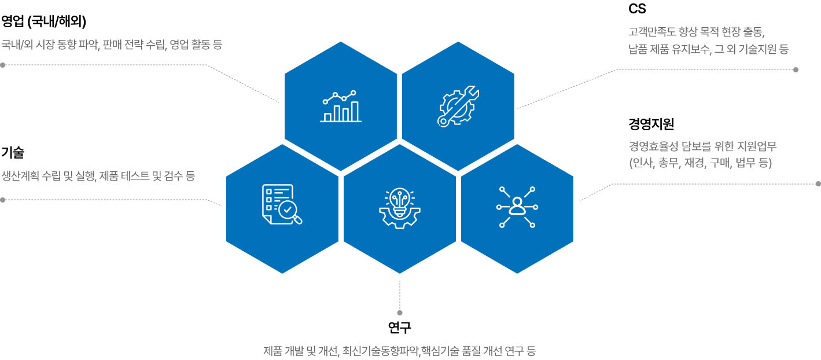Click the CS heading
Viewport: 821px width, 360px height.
637,9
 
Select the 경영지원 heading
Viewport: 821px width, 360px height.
651,124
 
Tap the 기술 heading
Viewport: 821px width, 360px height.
13,152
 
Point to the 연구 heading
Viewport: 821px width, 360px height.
399,327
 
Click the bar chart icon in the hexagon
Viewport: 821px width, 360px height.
341,106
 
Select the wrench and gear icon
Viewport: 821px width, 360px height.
458,106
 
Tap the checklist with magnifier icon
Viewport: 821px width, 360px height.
282,204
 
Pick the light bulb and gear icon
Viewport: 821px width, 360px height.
399,208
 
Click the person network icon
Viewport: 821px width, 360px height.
517,207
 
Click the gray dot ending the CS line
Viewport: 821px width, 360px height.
796,69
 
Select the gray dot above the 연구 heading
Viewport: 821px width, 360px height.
399,313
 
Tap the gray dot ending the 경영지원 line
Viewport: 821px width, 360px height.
819,184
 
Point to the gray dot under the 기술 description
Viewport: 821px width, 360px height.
3,200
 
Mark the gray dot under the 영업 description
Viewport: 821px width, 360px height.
3,65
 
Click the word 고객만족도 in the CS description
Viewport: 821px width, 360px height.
651,31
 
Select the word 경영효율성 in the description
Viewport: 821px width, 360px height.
653,146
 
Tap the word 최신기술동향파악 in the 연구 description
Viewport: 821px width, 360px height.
381,351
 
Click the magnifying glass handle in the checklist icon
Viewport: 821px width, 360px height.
297,219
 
